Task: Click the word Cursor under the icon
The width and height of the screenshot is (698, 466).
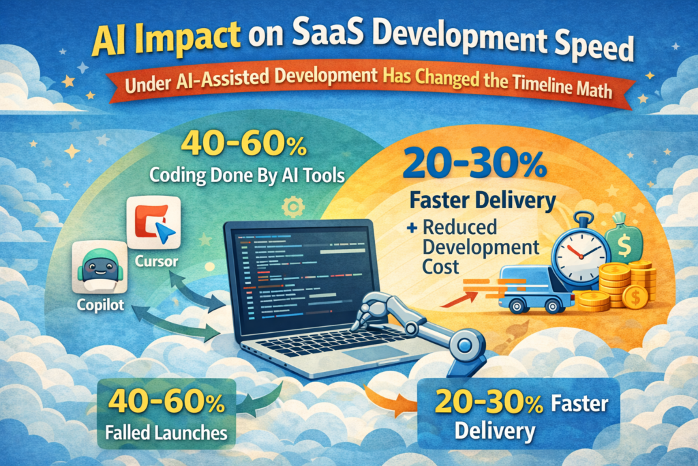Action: point(157,261)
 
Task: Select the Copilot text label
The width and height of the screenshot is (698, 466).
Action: point(100,305)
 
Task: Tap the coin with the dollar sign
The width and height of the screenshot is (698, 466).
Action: point(635,297)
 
